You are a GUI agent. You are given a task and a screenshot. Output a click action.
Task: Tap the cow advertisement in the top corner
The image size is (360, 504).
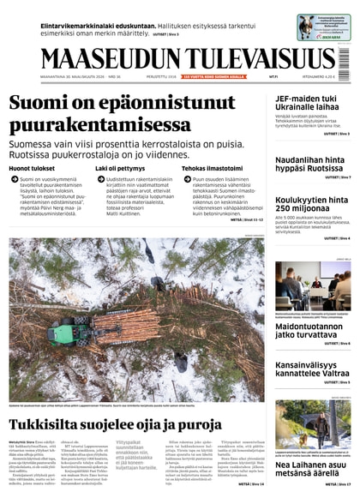(324, 27)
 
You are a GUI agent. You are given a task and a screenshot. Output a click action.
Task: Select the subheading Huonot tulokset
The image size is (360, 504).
(31, 169)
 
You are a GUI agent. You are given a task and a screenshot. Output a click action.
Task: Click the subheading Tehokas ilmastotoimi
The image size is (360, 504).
(211, 169)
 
